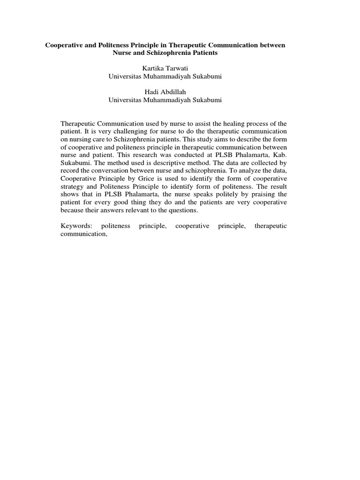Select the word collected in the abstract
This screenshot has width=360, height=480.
coord(263,163)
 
